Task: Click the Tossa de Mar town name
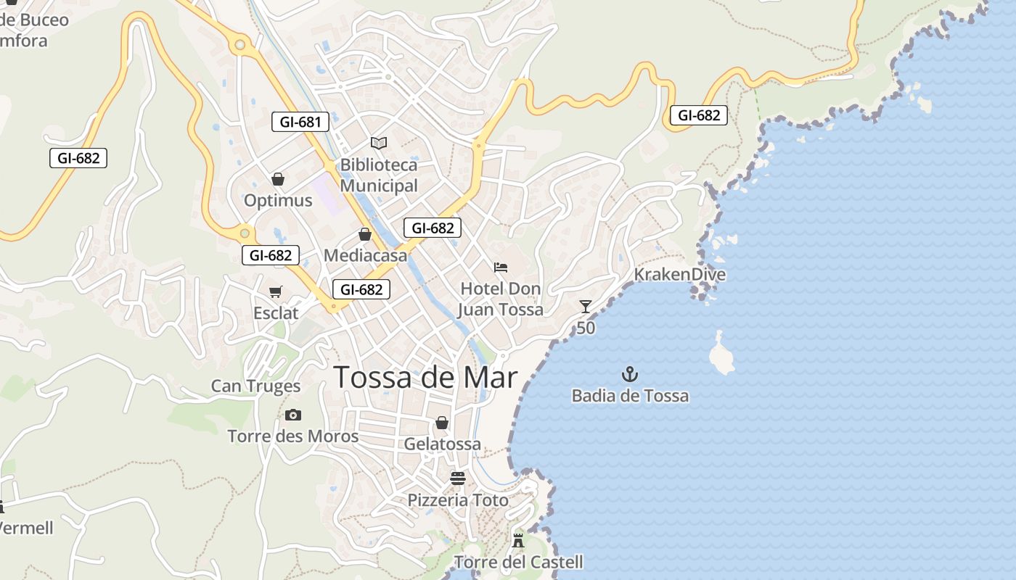click(425, 378)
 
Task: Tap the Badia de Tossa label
click(630, 396)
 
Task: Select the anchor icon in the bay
click(630, 375)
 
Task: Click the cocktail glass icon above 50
click(586, 307)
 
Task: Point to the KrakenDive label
click(679, 275)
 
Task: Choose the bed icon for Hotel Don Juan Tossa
click(501, 268)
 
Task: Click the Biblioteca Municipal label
click(379, 175)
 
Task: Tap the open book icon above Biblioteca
click(379, 143)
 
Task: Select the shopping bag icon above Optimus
click(277, 178)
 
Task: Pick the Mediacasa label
click(365, 255)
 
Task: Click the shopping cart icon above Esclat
click(275, 291)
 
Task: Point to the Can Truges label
click(255, 386)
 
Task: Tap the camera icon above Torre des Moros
click(293, 415)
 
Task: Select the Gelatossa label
click(442, 444)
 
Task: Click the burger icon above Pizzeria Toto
click(457, 478)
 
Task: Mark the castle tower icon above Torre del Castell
click(518, 540)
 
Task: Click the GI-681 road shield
click(300, 122)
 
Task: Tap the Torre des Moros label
click(293, 436)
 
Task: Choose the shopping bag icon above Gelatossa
click(441, 423)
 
